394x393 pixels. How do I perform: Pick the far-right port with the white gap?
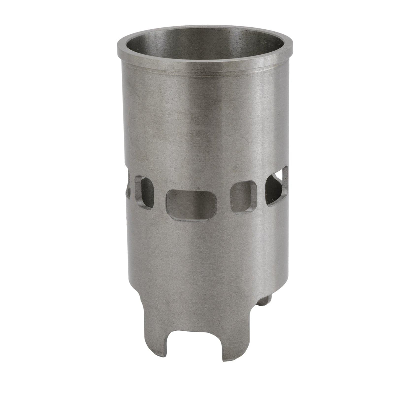(x=276, y=186)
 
